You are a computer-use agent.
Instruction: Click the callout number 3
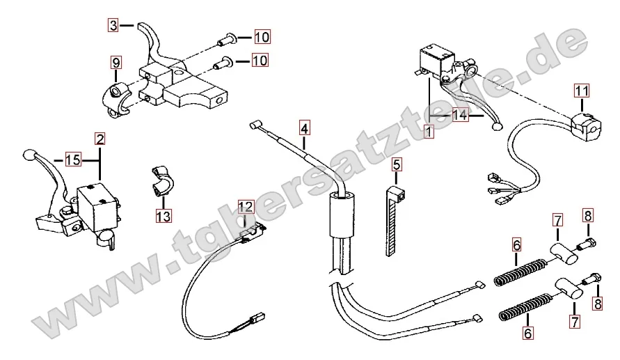point(113,26)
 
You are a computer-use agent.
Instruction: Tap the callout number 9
point(116,63)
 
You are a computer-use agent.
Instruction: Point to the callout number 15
point(73,159)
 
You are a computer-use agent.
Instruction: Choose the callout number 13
point(163,217)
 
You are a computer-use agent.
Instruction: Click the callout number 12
point(246,206)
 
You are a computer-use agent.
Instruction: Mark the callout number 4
point(305,127)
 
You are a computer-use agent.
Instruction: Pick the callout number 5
point(397,165)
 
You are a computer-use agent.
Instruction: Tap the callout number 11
point(581,90)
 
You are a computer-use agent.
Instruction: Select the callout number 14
point(460,116)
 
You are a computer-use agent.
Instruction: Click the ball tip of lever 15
point(29,154)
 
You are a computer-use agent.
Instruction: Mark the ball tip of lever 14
point(495,127)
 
